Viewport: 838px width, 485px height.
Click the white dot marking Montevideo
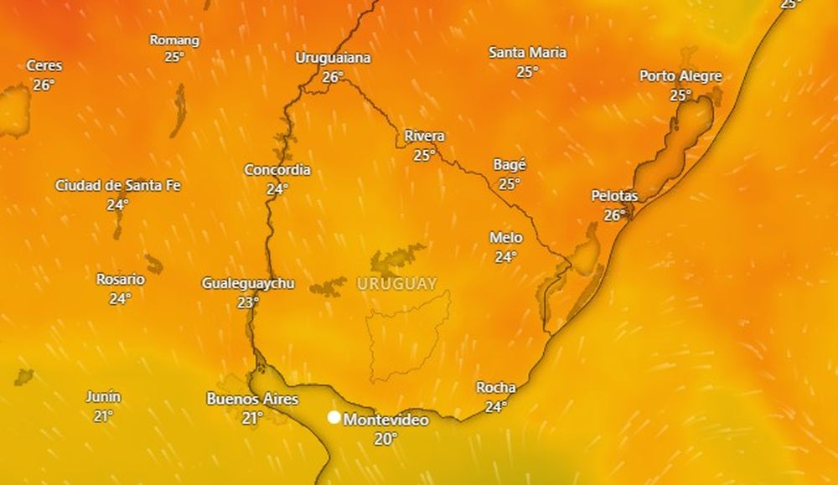[x=334, y=417]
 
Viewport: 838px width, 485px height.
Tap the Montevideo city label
[x=386, y=419]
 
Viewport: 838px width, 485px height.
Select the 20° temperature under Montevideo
[x=385, y=438]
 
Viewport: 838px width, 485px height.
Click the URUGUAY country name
[x=397, y=284]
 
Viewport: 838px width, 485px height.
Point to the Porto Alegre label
[x=680, y=76]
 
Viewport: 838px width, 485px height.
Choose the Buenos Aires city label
[x=252, y=399]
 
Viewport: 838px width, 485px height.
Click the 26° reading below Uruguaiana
[x=333, y=77]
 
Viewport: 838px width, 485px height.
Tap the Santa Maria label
[x=527, y=53]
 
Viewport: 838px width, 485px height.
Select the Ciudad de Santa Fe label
[x=117, y=185]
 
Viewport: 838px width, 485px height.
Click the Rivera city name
[x=424, y=136]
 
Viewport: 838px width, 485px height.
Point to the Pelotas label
[x=614, y=195]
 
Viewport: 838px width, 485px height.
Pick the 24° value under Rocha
[x=496, y=407]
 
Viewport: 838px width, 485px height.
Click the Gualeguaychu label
[x=248, y=283]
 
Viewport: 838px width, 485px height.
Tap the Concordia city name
[x=277, y=170]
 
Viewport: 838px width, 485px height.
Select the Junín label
[x=103, y=396]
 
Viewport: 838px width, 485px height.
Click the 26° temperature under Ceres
[x=44, y=85]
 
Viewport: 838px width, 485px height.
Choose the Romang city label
[x=174, y=39]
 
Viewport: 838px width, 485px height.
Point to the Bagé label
[x=510, y=165]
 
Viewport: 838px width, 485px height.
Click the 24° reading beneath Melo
[x=504, y=257]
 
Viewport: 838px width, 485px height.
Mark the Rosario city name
[x=120, y=279]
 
